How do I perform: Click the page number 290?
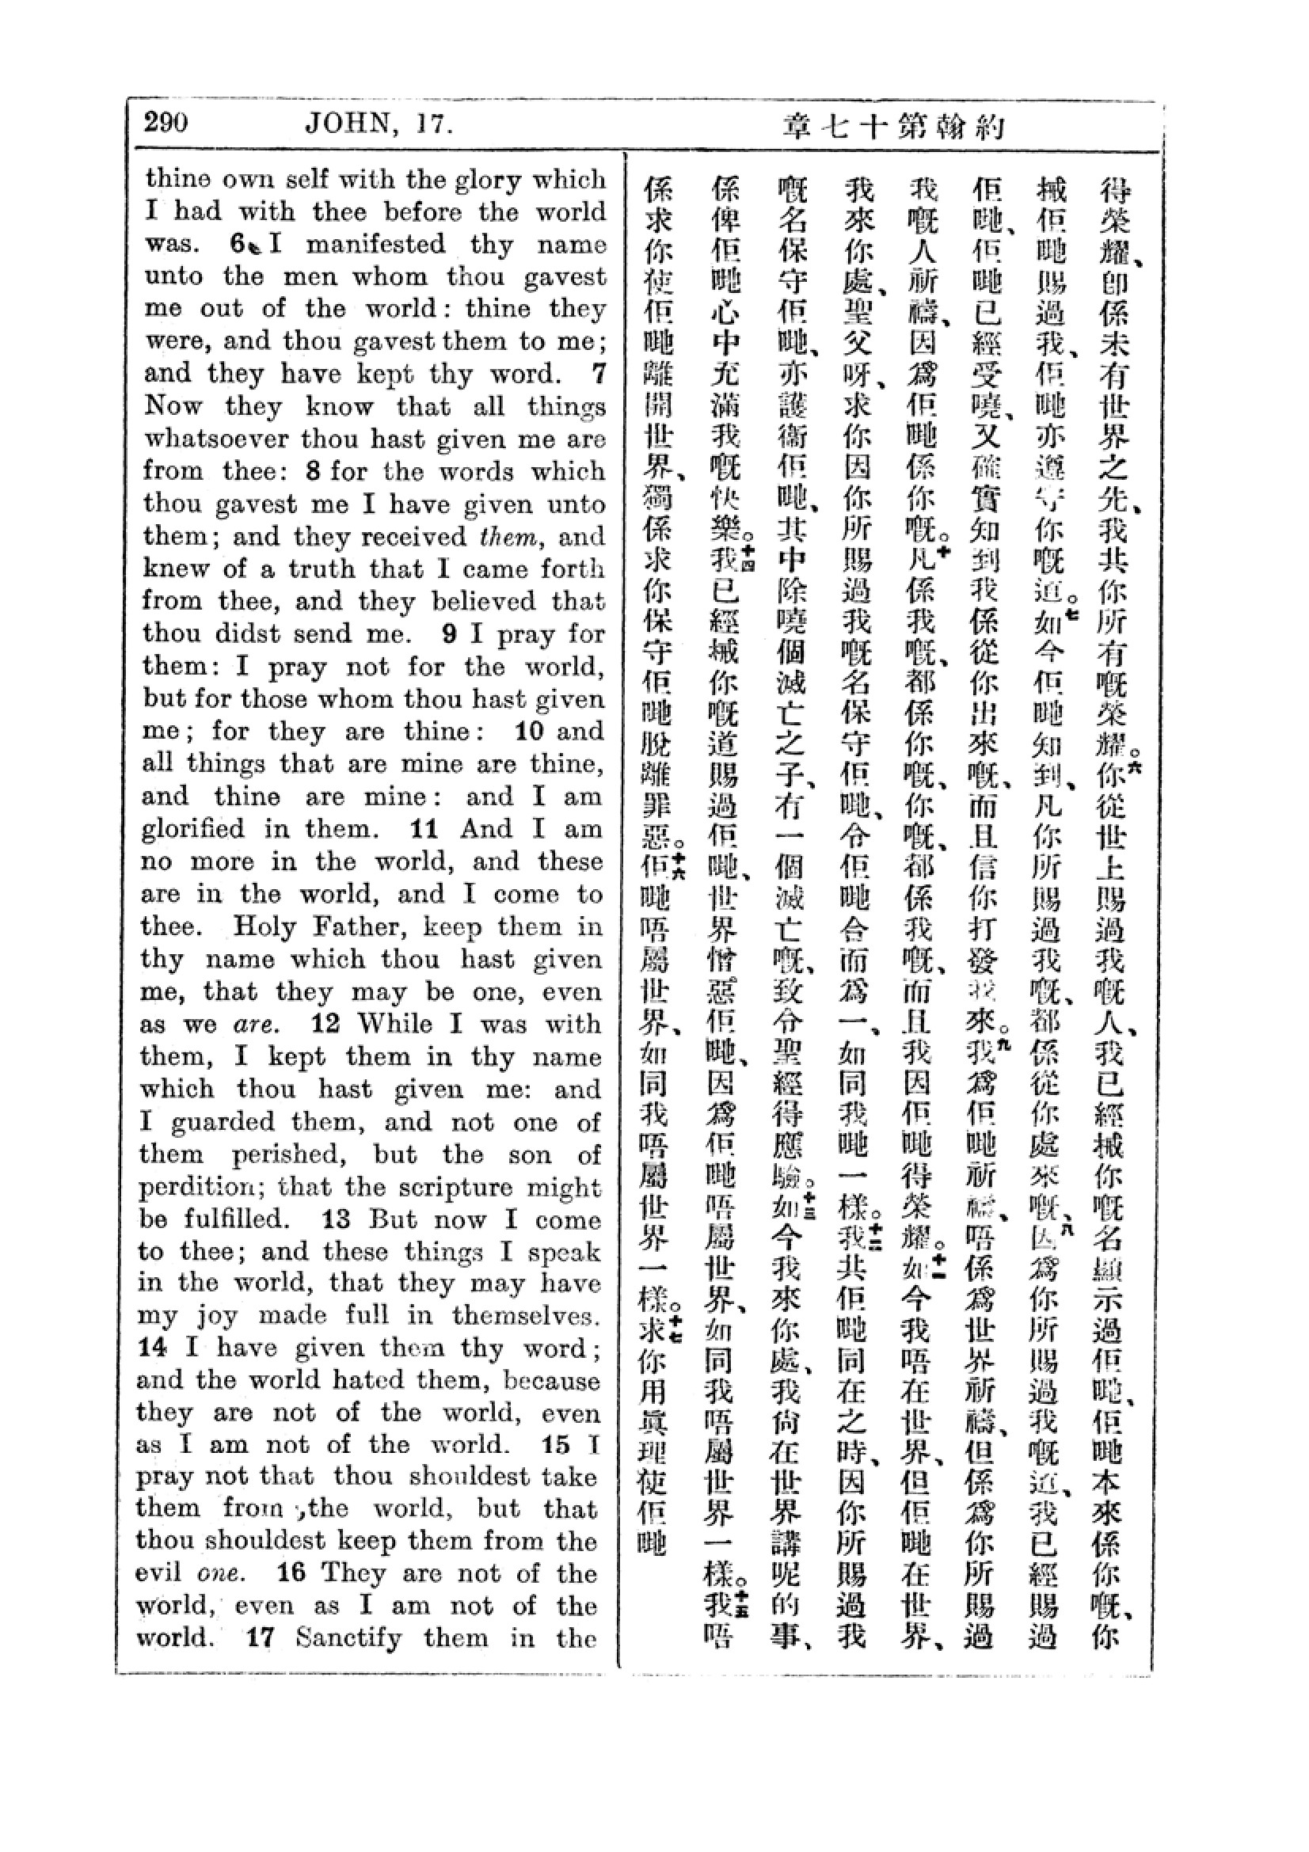coord(167,123)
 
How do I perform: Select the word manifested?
coord(375,245)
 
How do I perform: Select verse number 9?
coord(449,634)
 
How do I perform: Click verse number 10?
coord(529,732)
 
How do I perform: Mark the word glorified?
coord(192,829)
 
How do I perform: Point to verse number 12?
coord(325,1025)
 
